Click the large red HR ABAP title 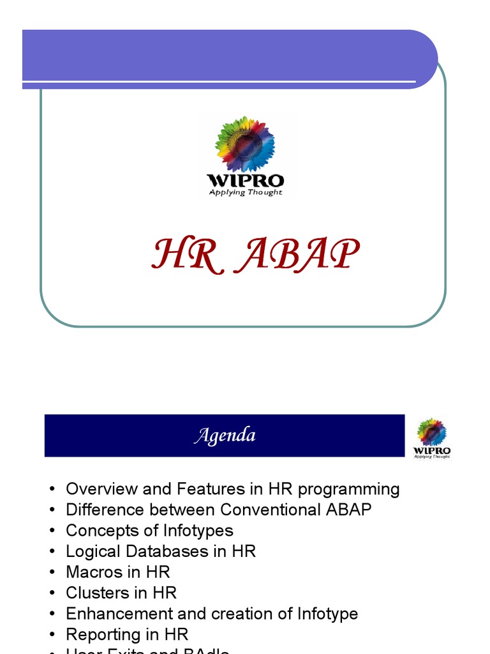pyautogui.click(x=255, y=255)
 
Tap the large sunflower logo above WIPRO pyautogui.click(x=245, y=144)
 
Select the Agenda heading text pyautogui.click(x=225, y=436)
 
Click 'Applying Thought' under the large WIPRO pyautogui.click(x=246, y=192)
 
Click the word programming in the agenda pyautogui.click(x=349, y=490)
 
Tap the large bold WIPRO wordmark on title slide pyautogui.click(x=246, y=180)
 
